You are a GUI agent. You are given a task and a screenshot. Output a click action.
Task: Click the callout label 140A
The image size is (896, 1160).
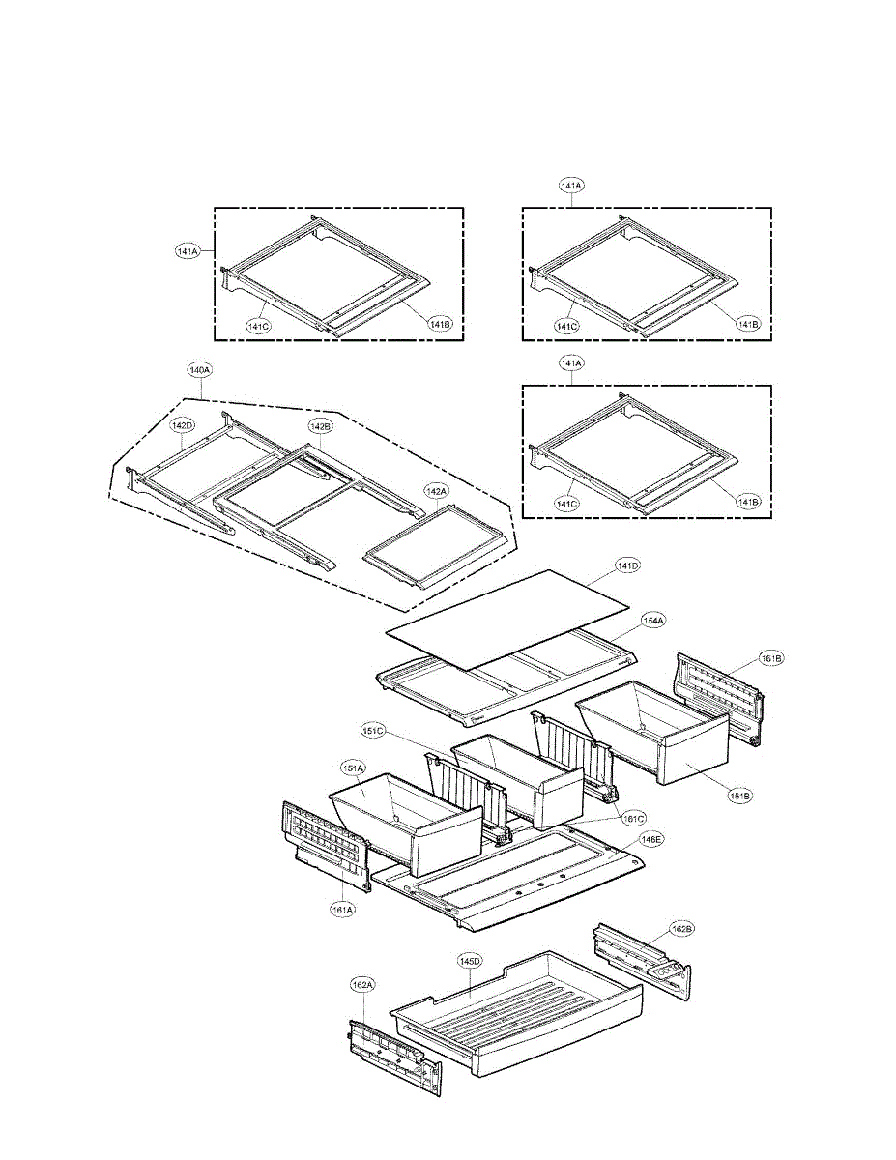coord(200,369)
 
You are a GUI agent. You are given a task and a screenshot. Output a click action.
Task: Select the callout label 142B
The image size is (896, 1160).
coord(321,426)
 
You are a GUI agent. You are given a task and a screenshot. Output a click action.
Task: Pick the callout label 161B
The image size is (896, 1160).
coord(771,658)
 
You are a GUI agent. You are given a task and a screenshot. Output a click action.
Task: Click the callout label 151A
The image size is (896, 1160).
coord(352,768)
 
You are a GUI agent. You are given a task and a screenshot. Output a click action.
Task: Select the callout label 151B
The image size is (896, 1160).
coord(740,797)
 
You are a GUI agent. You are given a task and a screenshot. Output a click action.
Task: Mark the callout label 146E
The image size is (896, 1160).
coord(655,840)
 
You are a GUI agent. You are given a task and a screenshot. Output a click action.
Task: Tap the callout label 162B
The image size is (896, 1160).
coord(681,929)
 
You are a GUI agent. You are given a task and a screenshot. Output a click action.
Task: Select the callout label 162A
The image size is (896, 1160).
coord(362,984)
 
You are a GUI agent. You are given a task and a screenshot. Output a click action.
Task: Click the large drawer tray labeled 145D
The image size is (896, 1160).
coord(522,1015)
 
